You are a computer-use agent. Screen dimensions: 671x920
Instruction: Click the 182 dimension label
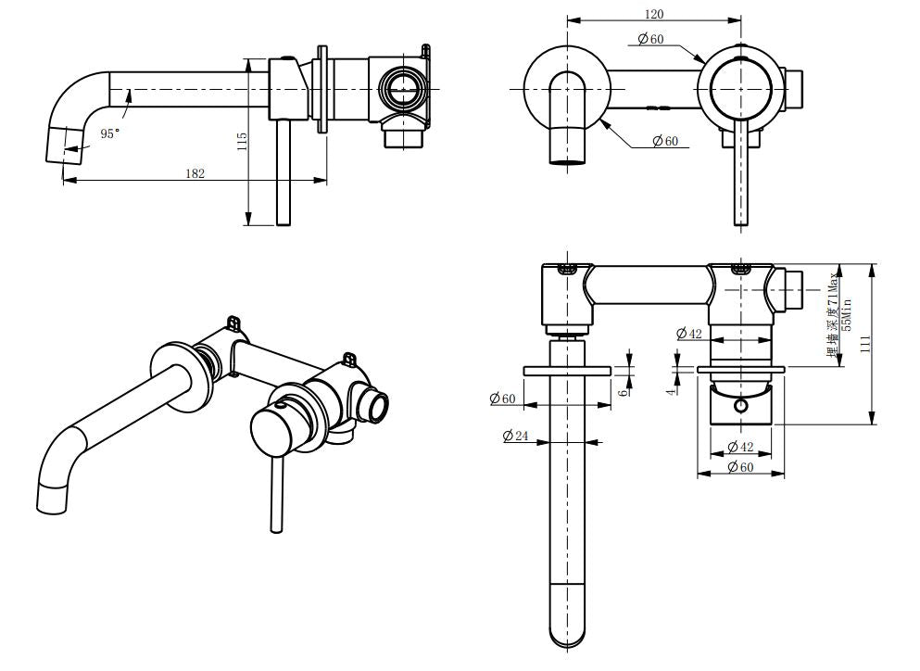(195, 173)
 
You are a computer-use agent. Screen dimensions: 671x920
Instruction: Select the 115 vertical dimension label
(242, 142)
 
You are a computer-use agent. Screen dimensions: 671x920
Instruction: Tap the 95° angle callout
(110, 134)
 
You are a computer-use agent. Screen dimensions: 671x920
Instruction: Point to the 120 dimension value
(653, 14)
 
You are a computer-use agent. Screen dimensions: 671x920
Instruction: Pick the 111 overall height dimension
(864, 344)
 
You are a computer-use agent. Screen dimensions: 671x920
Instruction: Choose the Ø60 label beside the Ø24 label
(503, 399)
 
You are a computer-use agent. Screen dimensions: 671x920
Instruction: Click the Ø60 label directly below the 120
(651, 38)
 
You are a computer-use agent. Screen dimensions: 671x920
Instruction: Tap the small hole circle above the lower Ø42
(741, 406)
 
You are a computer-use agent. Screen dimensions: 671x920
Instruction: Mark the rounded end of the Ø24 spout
(569, 630)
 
